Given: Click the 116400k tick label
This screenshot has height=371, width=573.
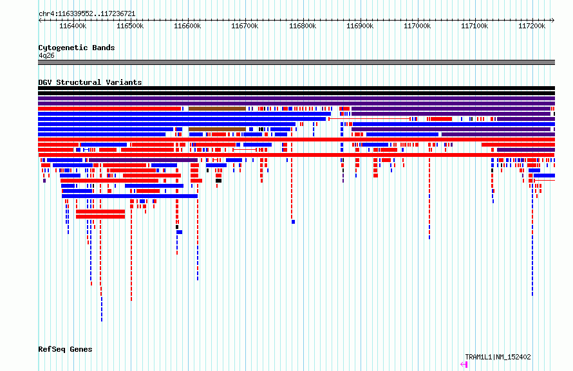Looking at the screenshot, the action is (73, 26).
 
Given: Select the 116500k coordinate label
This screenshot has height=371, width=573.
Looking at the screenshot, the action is (130, 26).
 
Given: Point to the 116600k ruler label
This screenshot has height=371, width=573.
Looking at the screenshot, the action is (187, 26).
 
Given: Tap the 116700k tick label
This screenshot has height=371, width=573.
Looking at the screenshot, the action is (245, 26).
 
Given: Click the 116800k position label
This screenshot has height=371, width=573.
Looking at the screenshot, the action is (303, 26).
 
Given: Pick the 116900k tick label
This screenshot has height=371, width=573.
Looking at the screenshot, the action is (360, 26).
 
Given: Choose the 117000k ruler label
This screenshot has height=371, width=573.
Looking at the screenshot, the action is (417, 26).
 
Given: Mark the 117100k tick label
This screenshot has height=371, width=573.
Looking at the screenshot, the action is (474, 26).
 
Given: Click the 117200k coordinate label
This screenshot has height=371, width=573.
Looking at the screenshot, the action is (532, 26).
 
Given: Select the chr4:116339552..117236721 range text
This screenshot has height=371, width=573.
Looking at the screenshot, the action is (87, 14).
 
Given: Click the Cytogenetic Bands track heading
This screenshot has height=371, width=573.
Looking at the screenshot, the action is (77, 48).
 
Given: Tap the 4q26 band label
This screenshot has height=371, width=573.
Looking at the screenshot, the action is (46, 55).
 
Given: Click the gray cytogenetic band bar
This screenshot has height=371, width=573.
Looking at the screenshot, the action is (296, 62).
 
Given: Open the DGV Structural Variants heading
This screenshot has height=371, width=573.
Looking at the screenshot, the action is (90, 82).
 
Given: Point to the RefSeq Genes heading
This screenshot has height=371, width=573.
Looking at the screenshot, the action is (65, 349).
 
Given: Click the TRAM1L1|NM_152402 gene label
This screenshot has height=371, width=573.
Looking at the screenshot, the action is (498, 357).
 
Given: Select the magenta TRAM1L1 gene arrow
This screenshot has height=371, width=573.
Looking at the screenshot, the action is (464, 364).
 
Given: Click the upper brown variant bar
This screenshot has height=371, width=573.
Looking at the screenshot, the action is (217, 109).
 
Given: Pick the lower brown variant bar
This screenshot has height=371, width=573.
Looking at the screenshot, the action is (217, 129).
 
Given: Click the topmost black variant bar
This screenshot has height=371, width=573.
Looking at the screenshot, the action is (296, 88).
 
